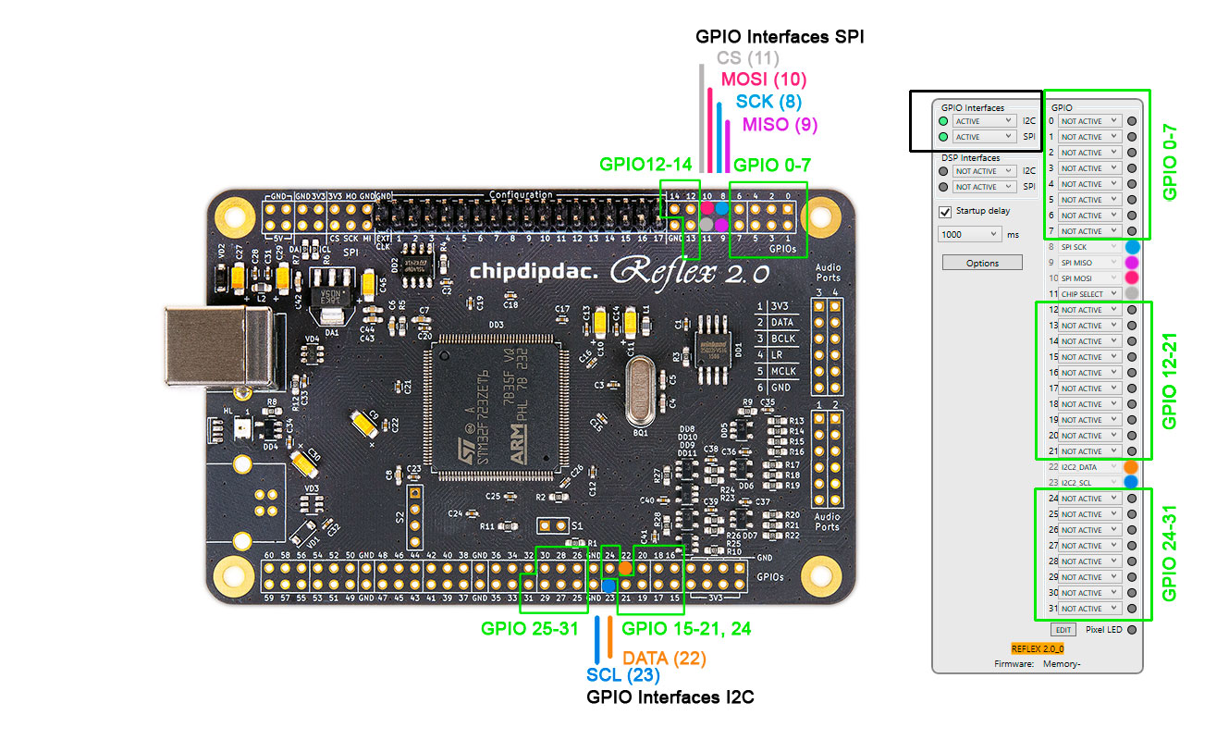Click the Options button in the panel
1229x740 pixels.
[982, 263]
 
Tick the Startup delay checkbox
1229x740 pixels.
[945, 212]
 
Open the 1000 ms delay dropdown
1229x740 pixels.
[969, 234]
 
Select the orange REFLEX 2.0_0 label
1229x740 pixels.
[1038, 649]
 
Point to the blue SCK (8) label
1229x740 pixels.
[768, 102]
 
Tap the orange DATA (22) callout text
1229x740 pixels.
[664, 658]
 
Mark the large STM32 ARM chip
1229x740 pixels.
[500, 406]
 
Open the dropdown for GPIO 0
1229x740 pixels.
[1089, 121]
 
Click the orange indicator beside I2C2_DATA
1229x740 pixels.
[1131, 467]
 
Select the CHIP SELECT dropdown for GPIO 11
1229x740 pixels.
[1089, 294]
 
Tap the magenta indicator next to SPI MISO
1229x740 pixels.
[1131, 263]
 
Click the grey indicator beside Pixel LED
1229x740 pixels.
[1132, 629]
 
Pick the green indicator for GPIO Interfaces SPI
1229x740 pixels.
[943, 137]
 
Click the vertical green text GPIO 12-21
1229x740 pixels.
[1170, 380]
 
